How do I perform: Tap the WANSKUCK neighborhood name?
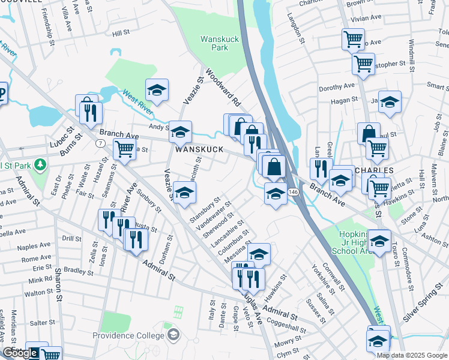point(199,149)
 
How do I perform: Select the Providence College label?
point(133,335)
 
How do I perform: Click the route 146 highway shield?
point(291,191)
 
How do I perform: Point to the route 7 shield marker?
point(99,143)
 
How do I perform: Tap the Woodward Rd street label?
point(223,87)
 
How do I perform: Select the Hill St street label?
point(121,33)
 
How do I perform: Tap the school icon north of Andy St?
point(157,90)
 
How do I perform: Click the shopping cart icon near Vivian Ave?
point(353,39)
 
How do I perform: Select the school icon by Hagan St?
point(390,102)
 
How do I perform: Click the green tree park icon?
point(40,164)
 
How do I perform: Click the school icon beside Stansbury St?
point(185,193)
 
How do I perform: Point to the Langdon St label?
point(298,29)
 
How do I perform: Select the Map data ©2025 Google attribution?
point(412,355)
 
